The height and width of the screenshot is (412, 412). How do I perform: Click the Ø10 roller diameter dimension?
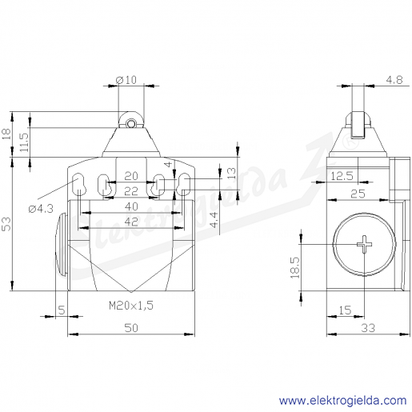coord(126,79)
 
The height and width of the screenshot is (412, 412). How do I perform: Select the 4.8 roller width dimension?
coord(394,80)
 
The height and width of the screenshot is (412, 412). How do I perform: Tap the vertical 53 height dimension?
coord(6,224)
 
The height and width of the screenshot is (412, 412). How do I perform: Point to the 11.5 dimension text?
coord(25,142)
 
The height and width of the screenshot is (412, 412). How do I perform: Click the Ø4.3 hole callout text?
coord(41,209)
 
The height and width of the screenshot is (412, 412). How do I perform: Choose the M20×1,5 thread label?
coord(131,306)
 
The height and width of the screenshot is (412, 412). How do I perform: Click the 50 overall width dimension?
coord(131,328)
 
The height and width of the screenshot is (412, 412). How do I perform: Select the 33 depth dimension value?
coord(368,328)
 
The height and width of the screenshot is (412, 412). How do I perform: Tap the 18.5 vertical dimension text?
coord(295,268)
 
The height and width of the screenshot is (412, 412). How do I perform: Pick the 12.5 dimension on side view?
coord(342,176)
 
